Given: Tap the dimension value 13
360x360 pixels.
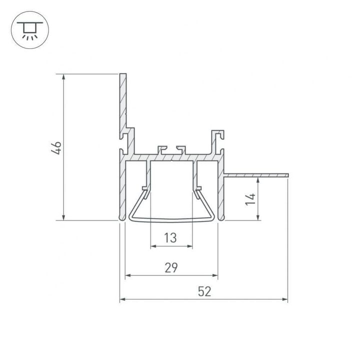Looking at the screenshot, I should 171,237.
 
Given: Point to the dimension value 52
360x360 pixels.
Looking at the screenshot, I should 203,292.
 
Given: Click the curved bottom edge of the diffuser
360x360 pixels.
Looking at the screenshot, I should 171,220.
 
